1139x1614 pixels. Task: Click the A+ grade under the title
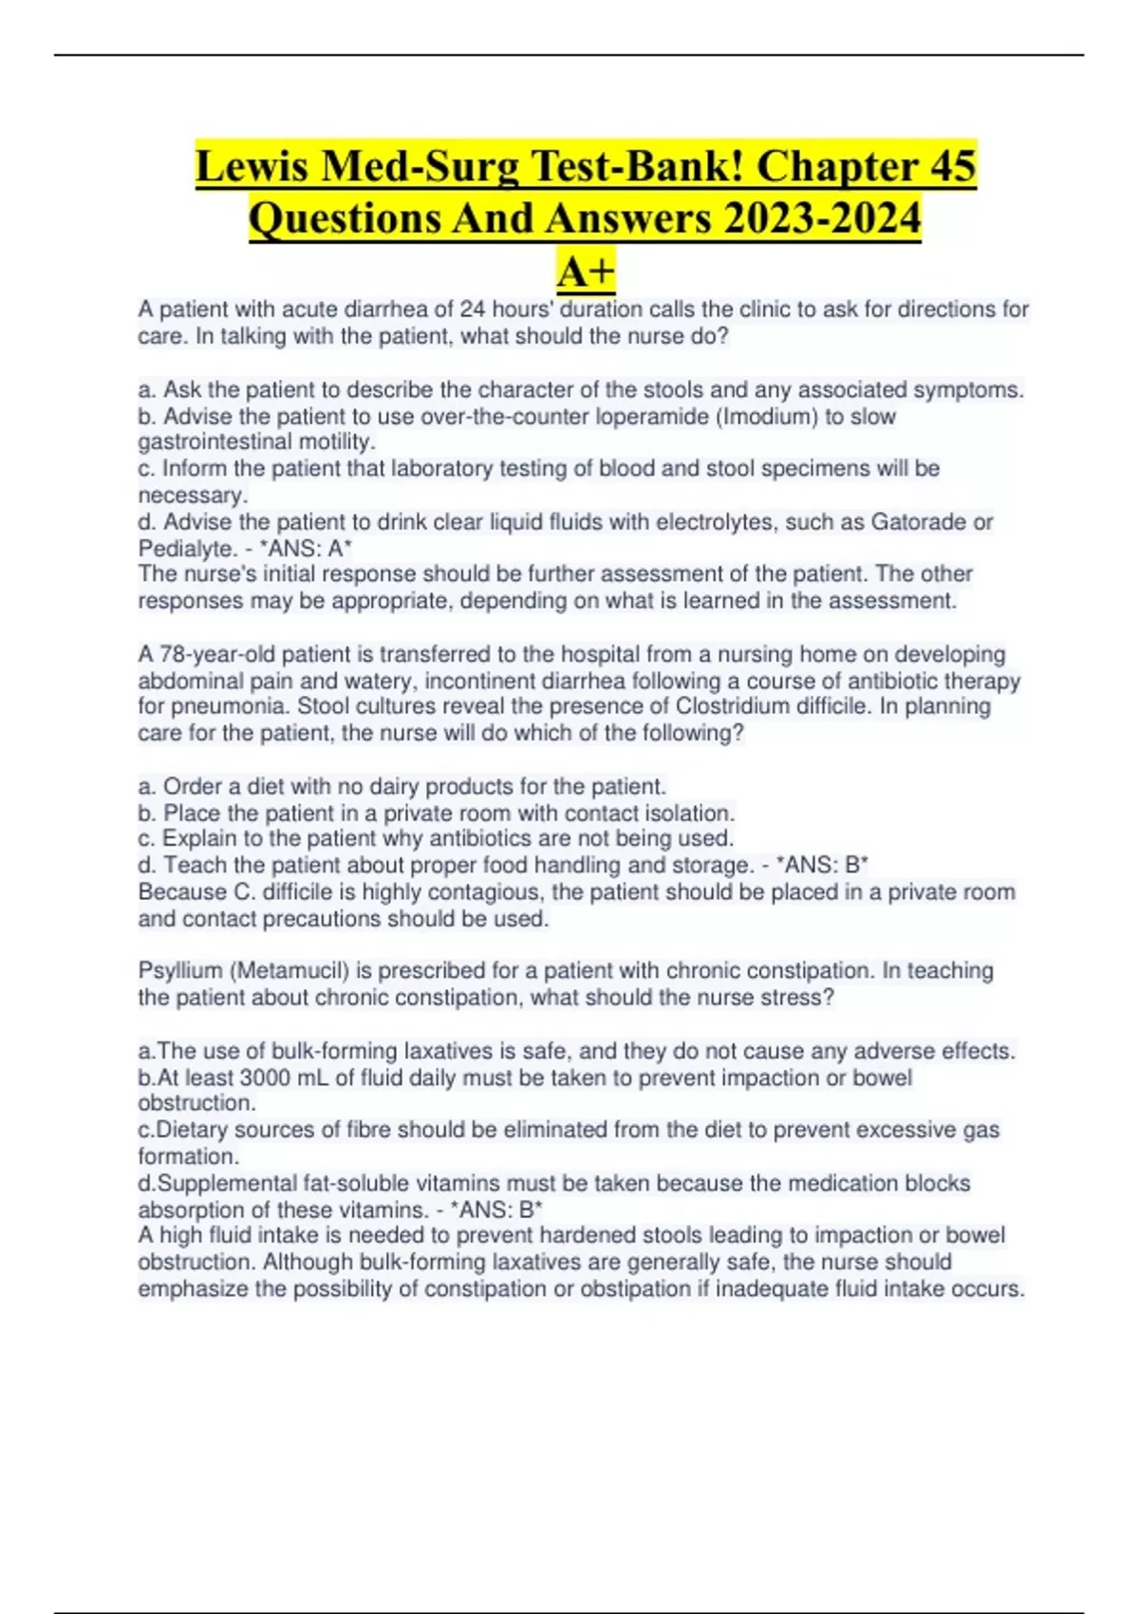(586, 272)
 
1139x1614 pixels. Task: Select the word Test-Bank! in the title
(638, 165)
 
